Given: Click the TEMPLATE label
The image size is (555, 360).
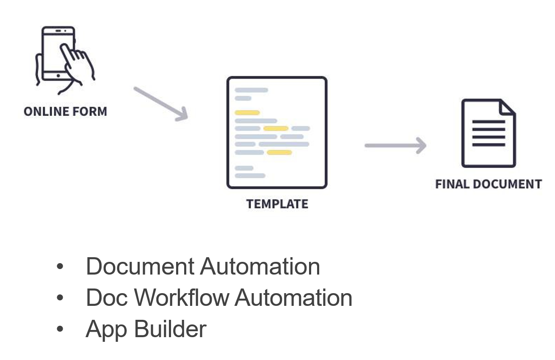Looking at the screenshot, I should pyautogui.click(x=277, y=204).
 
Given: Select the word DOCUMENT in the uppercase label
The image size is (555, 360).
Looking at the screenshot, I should pyautogui.click(x=508, y=184).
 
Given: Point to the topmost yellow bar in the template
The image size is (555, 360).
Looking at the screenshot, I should pyautogui.click(x=247, y=113).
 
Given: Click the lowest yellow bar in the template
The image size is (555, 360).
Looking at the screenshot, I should pyautogui.click(x=279, y=152).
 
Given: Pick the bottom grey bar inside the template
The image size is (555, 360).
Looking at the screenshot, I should pyautogui.click(x=250, y=176).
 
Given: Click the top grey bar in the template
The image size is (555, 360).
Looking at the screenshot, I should pyautogui.click(x=251, y=90).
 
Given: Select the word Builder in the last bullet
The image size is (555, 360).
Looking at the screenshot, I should pyautogui.click(x=171, y=329).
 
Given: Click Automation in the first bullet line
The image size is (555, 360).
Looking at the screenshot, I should pyautogui.click(x=260, y=267).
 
